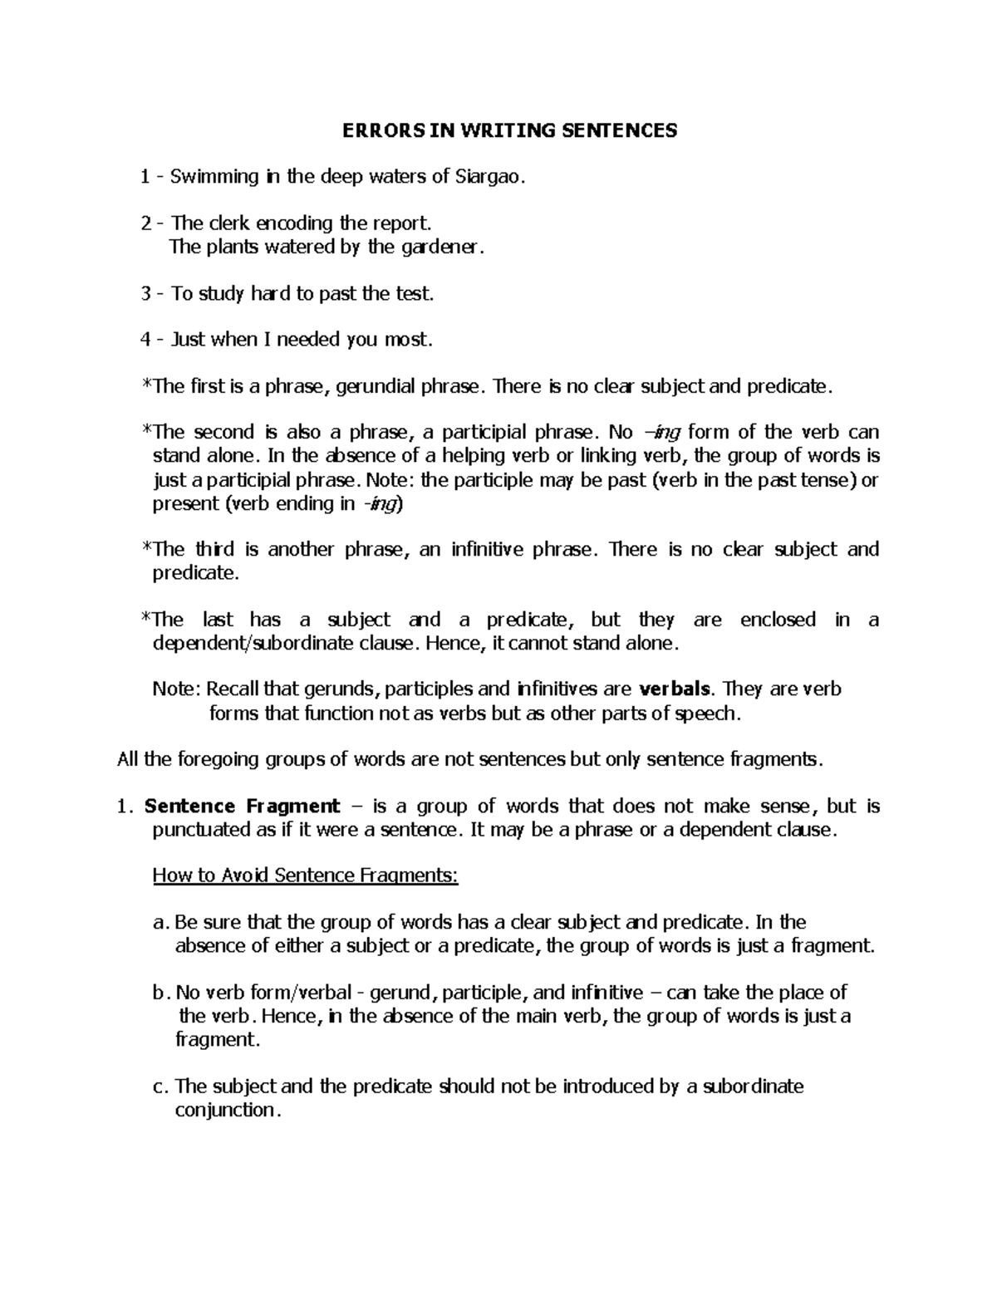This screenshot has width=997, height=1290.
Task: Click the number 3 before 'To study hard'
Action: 146,294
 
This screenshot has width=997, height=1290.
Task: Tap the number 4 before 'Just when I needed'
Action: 146,340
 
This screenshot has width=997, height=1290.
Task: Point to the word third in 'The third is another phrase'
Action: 215,550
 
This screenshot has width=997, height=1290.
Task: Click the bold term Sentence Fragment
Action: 242,807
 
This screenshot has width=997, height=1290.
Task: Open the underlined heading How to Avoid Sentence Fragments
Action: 305,876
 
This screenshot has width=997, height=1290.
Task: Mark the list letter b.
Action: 160,993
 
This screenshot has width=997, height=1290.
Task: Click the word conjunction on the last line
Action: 223,1111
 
